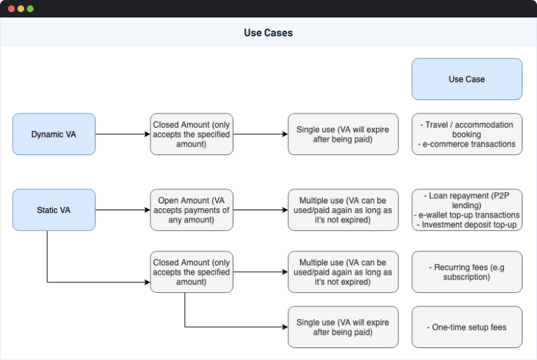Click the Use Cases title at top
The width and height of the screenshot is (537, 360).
[268, 33]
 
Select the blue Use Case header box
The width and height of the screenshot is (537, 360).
[467, 79]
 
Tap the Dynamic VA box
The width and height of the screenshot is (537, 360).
[54, 134]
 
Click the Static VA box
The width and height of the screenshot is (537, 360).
[54, 210]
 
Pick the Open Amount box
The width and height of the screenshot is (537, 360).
[191, 210]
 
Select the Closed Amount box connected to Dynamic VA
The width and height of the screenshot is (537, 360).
[191, 134]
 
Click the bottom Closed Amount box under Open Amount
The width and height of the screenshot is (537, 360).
[191, 272]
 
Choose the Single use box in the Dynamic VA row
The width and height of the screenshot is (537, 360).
[343, 134]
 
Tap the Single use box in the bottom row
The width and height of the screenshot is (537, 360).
[343, 327]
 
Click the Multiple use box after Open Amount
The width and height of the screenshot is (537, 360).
[343, 210]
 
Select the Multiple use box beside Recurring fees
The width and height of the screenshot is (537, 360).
[343, 272]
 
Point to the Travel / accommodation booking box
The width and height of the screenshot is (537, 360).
[467, 134]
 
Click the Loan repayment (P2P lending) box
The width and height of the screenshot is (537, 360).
[467, 210]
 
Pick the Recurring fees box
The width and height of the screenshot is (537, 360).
[467, 272]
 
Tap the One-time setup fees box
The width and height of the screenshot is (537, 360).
[467, 327]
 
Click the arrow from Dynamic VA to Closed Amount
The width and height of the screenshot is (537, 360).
[122, 134]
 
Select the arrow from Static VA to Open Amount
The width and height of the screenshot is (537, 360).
[122, 210]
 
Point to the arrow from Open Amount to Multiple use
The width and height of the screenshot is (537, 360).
[260, 210]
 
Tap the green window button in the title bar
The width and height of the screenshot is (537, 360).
[30, 9]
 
